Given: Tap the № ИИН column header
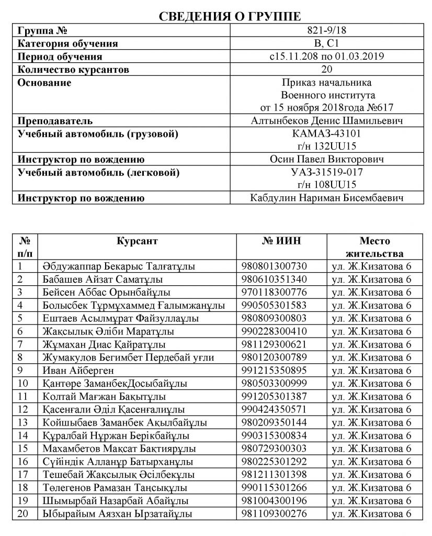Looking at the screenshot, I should pos(282,241).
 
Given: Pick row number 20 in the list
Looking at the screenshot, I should pos(22,513).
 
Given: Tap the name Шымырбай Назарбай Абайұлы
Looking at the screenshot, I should pos(110,500).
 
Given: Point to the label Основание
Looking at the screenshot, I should pos(44,83).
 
